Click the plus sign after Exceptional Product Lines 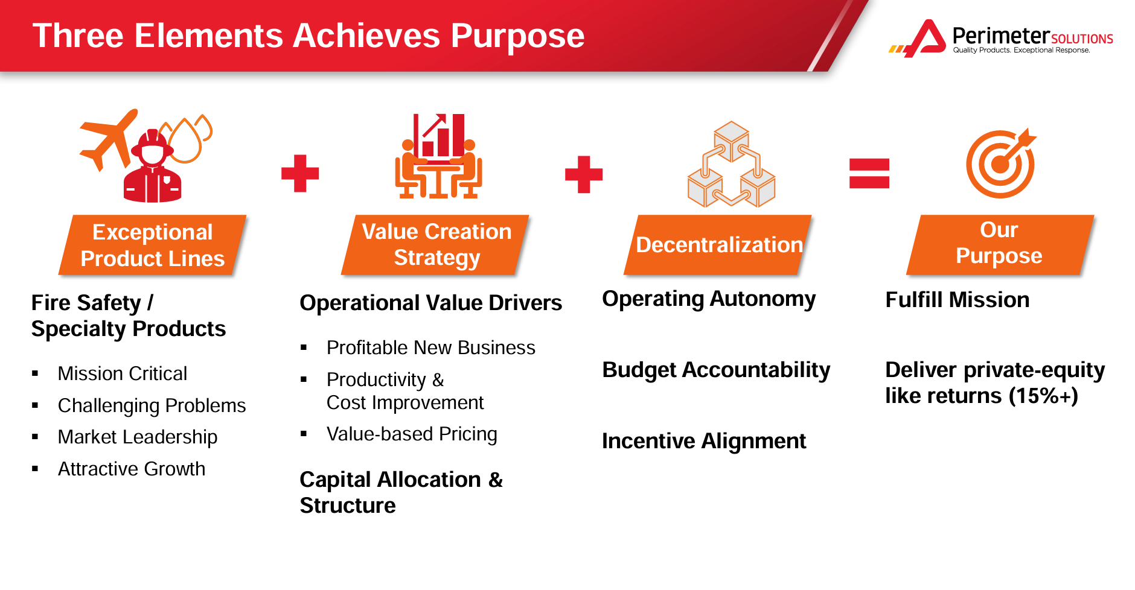300,174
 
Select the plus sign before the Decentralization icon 584,174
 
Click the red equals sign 869,173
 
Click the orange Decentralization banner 718,245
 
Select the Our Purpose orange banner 999,244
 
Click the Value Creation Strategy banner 436,244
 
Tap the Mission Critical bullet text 123,373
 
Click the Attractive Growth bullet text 132,469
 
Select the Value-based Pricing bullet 412,434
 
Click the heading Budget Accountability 716,370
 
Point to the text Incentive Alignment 704,441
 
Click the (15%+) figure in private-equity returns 1043,396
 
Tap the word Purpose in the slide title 517,36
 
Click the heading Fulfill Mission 957,300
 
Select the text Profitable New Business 430,348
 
